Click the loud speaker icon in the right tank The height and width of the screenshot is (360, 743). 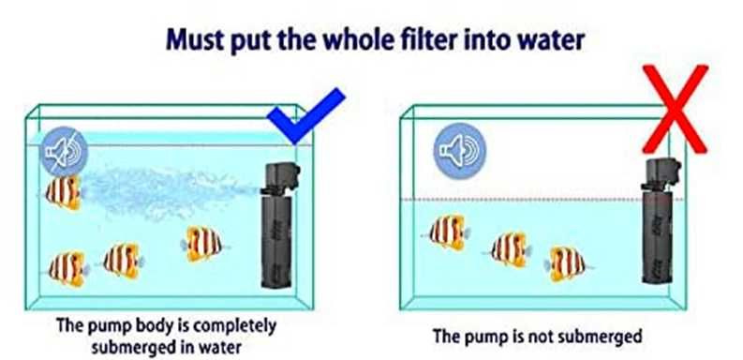pyautogui.click(x=453, y=152)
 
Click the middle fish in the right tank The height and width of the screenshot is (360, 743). pyautogui.click(x=509, y=248)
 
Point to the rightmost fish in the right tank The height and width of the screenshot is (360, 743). pyautogui.click(x=566, y=262)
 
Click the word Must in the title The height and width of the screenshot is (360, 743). pyautogui.click(x=199, y=41)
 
